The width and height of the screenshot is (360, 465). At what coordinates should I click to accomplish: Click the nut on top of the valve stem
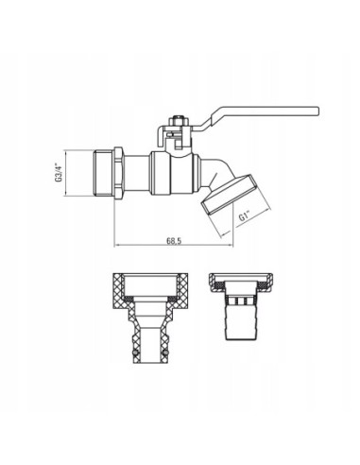pos(176,124)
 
